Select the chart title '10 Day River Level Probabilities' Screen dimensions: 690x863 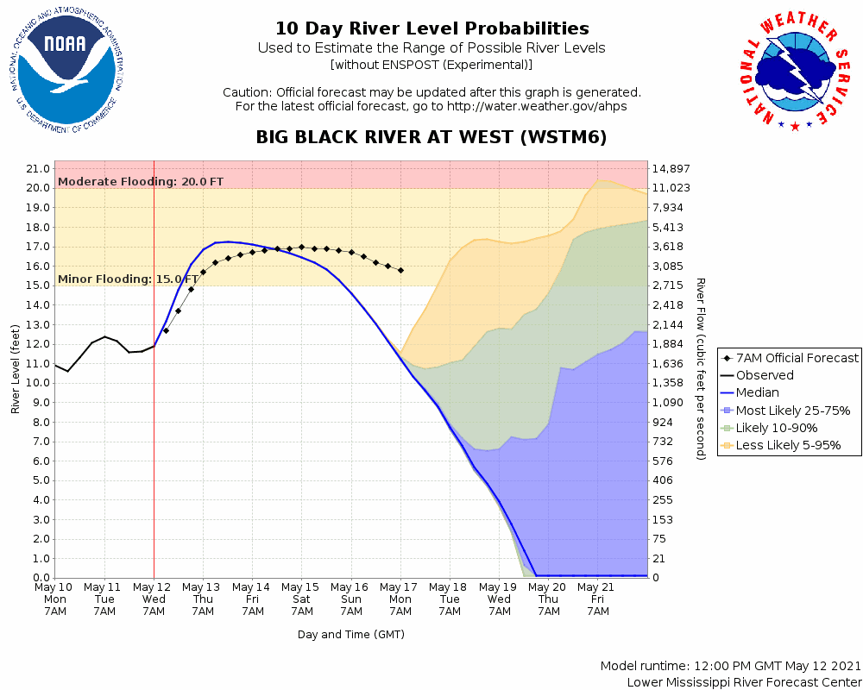[x=431, y=28]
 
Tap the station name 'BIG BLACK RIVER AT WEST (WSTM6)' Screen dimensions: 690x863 [x=431, y=138]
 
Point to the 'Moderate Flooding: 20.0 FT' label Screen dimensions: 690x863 [x=141, y=181]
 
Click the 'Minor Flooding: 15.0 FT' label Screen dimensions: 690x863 [x=128, y=279]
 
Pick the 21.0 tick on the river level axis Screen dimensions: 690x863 [x=37, y=168]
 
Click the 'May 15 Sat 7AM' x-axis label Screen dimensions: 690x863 [x=302, y=599]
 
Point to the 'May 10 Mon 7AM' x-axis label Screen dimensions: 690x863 [x=54, y=599]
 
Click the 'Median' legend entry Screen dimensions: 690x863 [x=757, y=392]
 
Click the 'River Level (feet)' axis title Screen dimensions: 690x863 [x=16, y=369]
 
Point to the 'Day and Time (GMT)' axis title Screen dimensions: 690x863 [x=351, y=634]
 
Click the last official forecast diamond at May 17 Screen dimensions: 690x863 [x=401, y=270]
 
